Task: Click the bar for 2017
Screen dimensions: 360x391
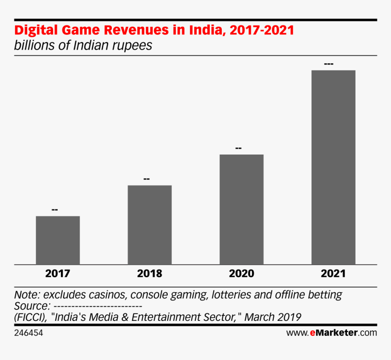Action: [x=58, y=240]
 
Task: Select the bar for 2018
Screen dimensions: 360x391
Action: [x=150, y=225]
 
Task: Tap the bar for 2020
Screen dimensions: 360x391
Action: [x=241, y=209]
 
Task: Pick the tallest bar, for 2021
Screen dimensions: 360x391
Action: [x=333, y=167]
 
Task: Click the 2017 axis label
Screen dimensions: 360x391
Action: [x=58, y=274]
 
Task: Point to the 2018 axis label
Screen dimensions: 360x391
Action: [x=150, y=274]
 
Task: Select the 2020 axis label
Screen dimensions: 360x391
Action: [x=241, y=274]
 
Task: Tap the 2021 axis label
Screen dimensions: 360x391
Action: [x=333, y=274]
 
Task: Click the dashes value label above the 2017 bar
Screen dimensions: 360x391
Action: [x=55, y=210]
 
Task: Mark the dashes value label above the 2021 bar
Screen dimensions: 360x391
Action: [x=329, y=64]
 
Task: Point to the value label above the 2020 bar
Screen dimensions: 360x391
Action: [x=238, y=148]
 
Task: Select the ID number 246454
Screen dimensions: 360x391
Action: [x=29, y=333]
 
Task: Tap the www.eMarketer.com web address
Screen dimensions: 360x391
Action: [x=331, y=333]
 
